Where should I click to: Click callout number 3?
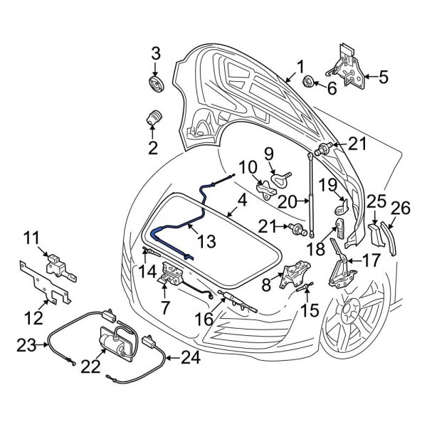point(156,53)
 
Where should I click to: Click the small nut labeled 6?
point(311,80)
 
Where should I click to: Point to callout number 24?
point(191,359)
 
